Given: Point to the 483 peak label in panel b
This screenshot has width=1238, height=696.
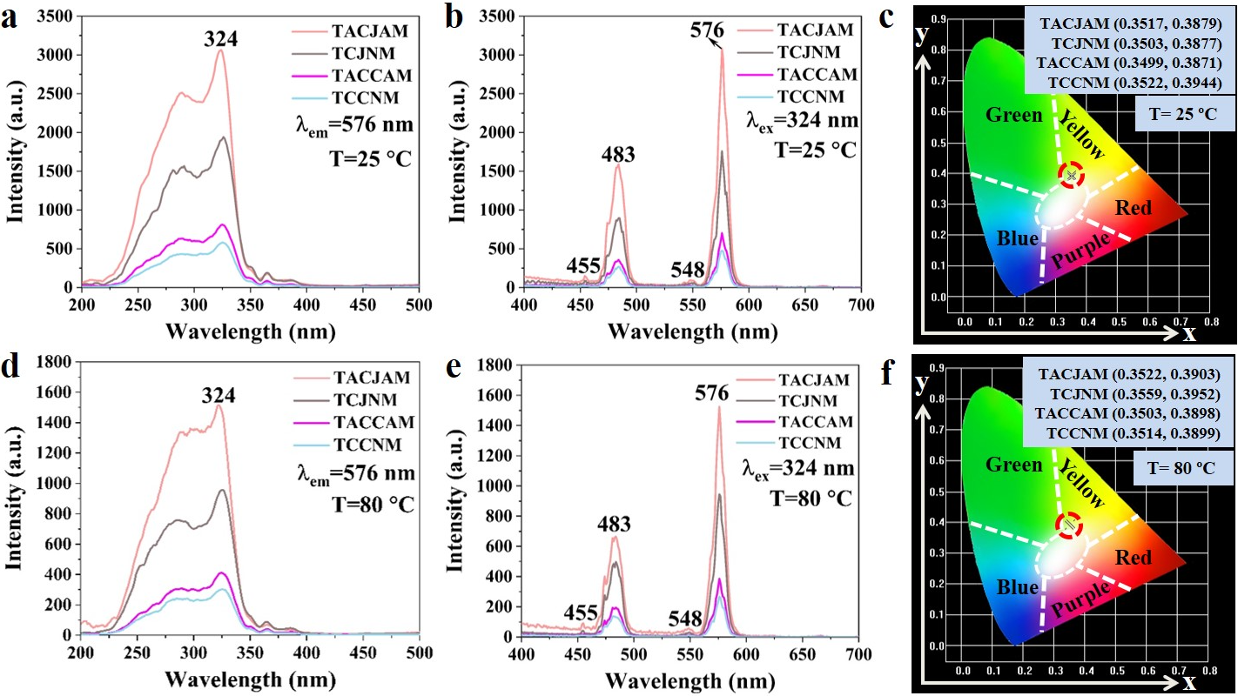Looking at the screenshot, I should [618, 155].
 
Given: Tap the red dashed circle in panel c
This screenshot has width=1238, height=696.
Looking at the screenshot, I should [1072, 175].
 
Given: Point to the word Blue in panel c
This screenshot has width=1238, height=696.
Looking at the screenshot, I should [1018, 238].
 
